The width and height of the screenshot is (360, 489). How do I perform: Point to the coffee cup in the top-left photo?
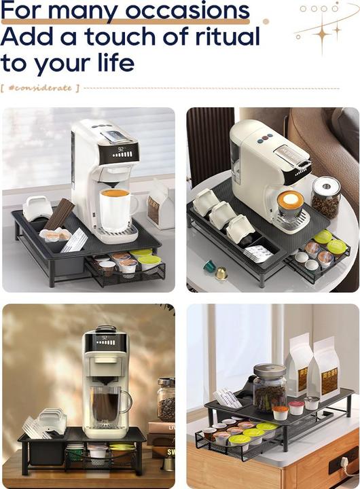pos(117,208)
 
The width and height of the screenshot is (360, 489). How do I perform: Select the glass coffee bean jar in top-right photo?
pos(325,197)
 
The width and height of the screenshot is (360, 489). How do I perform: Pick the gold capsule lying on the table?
pos(221,273)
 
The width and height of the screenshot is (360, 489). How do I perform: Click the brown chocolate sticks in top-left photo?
pos(60,214)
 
